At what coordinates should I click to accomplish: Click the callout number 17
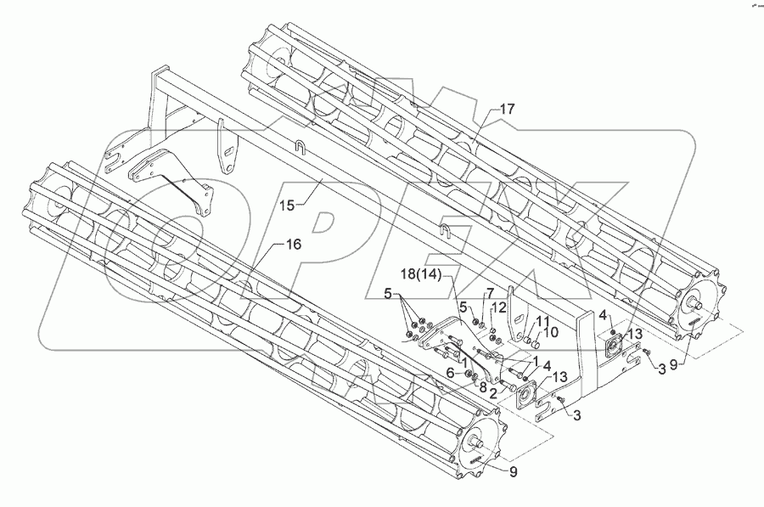click(x=507, y=109)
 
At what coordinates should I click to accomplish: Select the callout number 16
click(x=293, y=245)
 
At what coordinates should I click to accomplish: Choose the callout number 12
click(x=500, y=307)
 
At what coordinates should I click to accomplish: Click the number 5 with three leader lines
click(x=390, y=299)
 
